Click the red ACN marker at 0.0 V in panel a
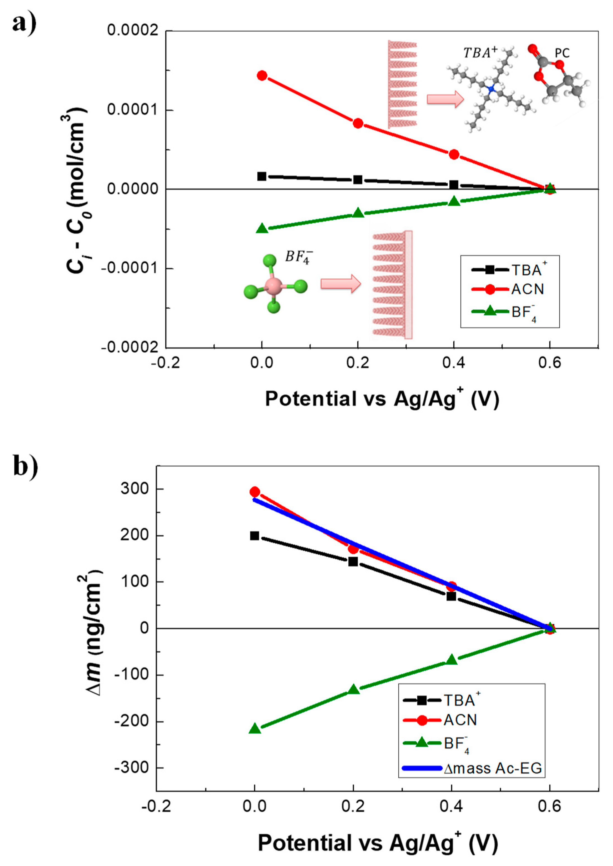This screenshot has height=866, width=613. [x=262, y=75]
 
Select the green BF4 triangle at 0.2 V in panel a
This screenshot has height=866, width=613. [x=358, y=213]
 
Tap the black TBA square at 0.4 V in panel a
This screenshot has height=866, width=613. [x=454, y=185]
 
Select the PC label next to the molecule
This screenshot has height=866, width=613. [x=562, y=53]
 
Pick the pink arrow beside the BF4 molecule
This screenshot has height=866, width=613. [x=340, y=284]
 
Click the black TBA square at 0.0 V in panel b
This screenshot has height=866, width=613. [x=255, y=536]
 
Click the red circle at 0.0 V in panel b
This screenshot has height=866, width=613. [x=255, y=492]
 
